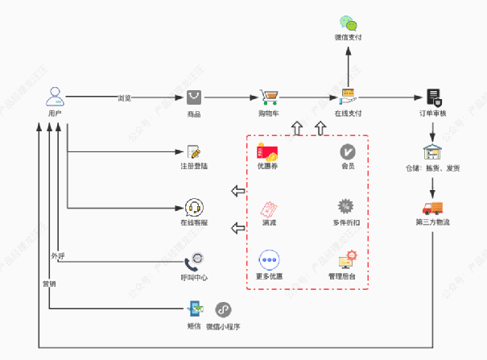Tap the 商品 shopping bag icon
pos(194,97)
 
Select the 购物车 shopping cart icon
pos(269,97)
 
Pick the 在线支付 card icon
pos(348,97)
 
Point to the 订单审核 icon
pos(434,97)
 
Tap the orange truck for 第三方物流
pos(433,208)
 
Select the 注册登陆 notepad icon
pos(194,151)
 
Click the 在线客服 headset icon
pos(194,207)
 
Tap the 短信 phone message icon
pos(194,309)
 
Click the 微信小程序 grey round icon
pos(223,309)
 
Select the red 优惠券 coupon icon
pos(268,151)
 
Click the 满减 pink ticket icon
pos(269,207)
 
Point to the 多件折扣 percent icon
pos(347,206)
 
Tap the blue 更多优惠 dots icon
pos(269,260)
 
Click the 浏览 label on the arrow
pos(124,98)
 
